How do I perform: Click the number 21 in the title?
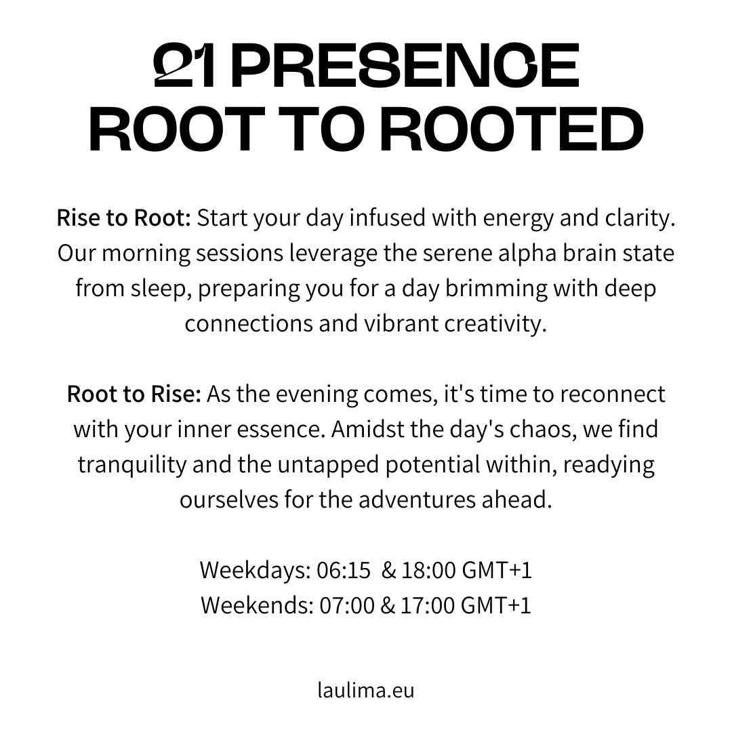point(185,65)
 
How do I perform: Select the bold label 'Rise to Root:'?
point(124,218)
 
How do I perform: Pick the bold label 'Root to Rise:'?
point(134,394)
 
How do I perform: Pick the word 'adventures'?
point(418,500)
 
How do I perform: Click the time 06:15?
point(344,571)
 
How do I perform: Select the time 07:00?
point(347,605)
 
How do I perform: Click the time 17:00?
point(428,605)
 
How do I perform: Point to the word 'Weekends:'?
point(258,605)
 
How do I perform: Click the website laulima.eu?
point(366,691)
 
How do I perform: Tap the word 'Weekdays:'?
point(256,571)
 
